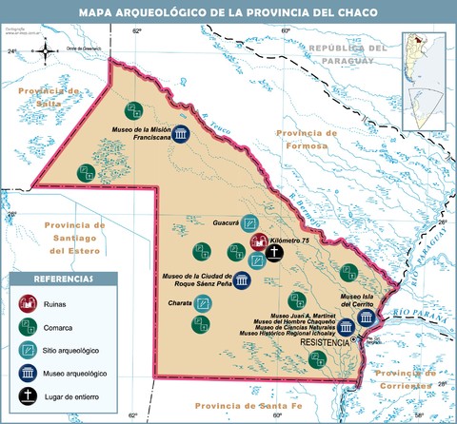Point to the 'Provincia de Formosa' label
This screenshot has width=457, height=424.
pos(300,139)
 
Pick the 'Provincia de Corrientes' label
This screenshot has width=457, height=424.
pos(404,380)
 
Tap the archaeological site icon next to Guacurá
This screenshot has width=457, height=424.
pos(250,223)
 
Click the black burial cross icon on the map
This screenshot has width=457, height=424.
pos(275,253)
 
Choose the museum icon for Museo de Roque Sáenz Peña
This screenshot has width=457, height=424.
pos(242,281)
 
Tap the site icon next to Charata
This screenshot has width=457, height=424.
pos(203,306)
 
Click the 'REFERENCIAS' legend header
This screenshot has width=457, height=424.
pos(63,279)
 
